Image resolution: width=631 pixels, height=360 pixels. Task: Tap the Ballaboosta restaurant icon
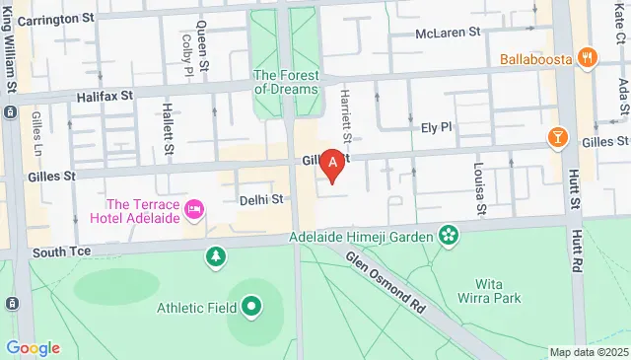[588, 56]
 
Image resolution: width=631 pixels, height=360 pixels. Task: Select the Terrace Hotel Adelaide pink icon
[194, 208]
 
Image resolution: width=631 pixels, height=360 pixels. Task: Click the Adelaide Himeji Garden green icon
[449, 236]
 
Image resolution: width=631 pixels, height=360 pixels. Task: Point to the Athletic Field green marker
[250, 308]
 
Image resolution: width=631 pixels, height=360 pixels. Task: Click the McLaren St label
[447, 33]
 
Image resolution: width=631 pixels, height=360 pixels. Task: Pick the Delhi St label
[261, 199]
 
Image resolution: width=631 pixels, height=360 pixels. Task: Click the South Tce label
[61, 252]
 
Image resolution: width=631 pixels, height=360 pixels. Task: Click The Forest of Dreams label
[286, 81]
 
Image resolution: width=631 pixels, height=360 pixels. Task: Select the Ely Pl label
[435, 127]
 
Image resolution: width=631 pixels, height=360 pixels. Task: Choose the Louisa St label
[479, 189]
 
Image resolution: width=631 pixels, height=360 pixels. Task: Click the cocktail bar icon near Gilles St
[558, 136]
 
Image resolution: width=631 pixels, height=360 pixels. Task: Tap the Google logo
[33, 347]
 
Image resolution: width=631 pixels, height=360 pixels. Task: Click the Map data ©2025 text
[589, 352]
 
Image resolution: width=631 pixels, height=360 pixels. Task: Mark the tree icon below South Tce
[215, 258]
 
